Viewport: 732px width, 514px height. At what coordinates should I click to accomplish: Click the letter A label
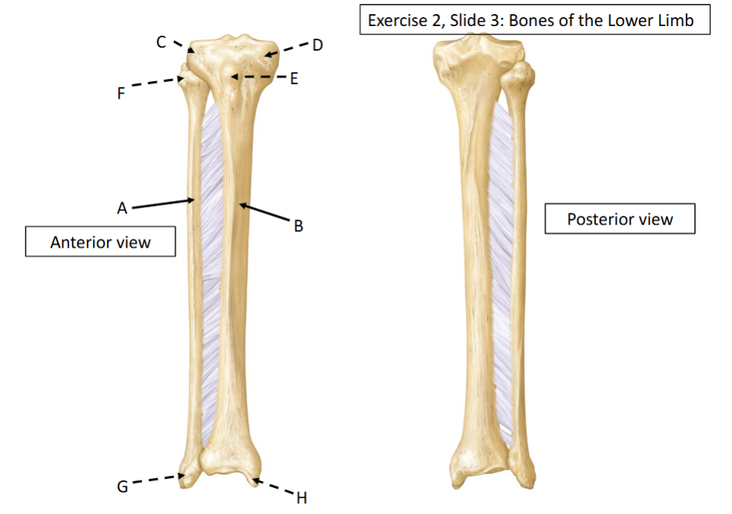(122, 208)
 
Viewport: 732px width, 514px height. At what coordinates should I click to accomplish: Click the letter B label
(298, 226)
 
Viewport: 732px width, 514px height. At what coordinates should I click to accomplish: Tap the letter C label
(161, 42)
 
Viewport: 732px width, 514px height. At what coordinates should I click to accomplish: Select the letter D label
(317, 45)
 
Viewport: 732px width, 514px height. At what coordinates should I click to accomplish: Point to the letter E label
(294, 79)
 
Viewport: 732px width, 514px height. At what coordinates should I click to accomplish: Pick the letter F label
(121, 94)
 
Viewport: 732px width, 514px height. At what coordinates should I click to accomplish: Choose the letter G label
(123, 487)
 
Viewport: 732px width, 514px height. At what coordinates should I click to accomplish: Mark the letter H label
(302, 498)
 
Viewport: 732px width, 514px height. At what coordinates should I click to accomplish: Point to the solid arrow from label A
(163, 204)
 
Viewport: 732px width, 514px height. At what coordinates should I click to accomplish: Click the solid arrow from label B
(265, 212)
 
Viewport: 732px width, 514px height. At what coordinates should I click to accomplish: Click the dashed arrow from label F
(158, 82)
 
